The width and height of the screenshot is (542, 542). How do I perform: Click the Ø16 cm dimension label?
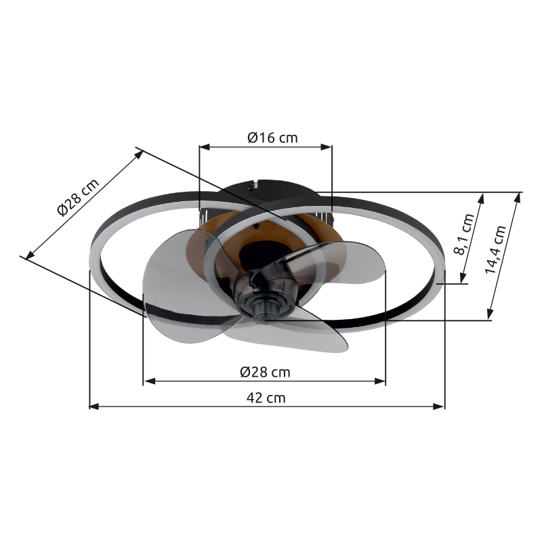point(272,138)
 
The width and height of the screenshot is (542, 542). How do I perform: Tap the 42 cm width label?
point(266,398)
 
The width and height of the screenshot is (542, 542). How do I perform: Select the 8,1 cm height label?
point(466,234)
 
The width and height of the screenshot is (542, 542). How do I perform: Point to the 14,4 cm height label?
point(495,249)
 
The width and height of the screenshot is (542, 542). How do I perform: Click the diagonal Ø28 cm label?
point(78,197)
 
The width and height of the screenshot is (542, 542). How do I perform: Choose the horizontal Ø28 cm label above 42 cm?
point(265,372)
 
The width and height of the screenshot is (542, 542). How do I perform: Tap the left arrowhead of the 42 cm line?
point(94,406)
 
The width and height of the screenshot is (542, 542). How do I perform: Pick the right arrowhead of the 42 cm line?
point(439,406)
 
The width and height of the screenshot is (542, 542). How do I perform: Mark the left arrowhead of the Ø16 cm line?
point(205,147)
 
